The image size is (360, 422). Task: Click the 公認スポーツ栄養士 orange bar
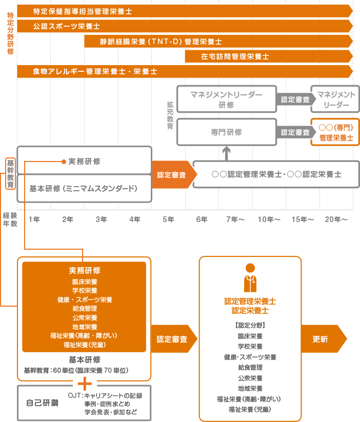pos(185,26)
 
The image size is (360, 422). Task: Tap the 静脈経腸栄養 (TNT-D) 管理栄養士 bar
pos(218,42)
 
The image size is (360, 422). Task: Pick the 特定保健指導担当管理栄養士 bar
pos(185,11)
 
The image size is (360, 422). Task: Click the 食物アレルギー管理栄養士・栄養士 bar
pos(185,71)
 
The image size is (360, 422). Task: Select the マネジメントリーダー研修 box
pos(226,99)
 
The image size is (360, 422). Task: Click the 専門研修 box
pos(226,132)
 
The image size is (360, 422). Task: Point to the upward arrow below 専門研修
pos(227,152)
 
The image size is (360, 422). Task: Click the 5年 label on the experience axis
pos(168,219)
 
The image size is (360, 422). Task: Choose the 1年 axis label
pos(34,219)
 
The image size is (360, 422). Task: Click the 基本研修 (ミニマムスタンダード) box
pos(84,188)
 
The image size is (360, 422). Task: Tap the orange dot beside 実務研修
pos(64,162)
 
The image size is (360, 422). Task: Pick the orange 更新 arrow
pos(323,339)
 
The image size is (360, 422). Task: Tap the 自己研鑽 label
pos(42,403)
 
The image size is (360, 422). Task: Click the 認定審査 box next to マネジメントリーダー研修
pos(294,99)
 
